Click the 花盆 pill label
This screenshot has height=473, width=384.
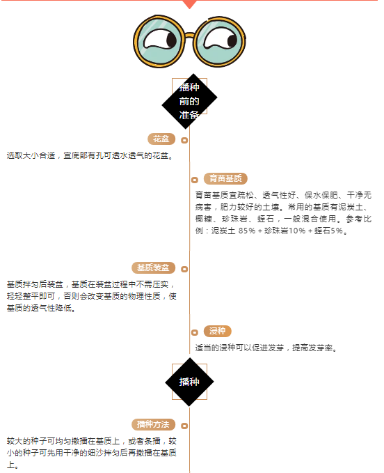point(161,139)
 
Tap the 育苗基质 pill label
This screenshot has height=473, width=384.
point(225,178)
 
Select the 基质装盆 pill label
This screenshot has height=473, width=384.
point(153,267)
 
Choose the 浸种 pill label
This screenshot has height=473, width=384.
point(218,331)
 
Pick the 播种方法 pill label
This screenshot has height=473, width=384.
point(153,424)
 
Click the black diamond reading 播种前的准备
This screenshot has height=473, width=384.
point(189,101)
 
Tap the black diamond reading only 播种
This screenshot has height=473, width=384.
point(189,382)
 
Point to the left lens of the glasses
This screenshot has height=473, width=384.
point(159,41)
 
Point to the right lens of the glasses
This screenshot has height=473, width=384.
point(220,41)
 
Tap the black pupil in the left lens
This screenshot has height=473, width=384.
point(171,40)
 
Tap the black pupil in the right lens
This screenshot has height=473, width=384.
point(232,40)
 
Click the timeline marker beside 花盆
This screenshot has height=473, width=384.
point(184,140)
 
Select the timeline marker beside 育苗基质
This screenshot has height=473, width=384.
point(195,180)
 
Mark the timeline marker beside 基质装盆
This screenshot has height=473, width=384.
point(184,269)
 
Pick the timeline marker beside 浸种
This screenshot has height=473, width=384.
point(195,332)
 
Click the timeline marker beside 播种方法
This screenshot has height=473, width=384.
point(184,426)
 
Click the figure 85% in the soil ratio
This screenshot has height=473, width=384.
point(247,231)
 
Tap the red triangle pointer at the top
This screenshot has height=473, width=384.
point(189,4)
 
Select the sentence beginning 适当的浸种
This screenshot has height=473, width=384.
point(266,348)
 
